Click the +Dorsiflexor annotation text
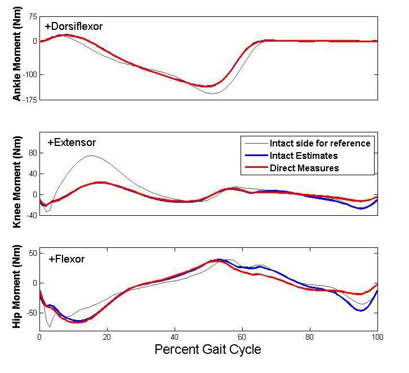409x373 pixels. (x=73, y=26)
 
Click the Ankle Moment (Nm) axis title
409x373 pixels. (x=16, y=59)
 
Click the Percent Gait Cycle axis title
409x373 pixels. (x=208, y=350)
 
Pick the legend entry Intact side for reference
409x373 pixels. (x=319, y=143)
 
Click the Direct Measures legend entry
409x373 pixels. (x=304, y=168)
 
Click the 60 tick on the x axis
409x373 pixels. (x=242, y=337)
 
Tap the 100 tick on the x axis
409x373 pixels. (x=377, y=337)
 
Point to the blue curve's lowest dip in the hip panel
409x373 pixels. (x=358, y=310)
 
